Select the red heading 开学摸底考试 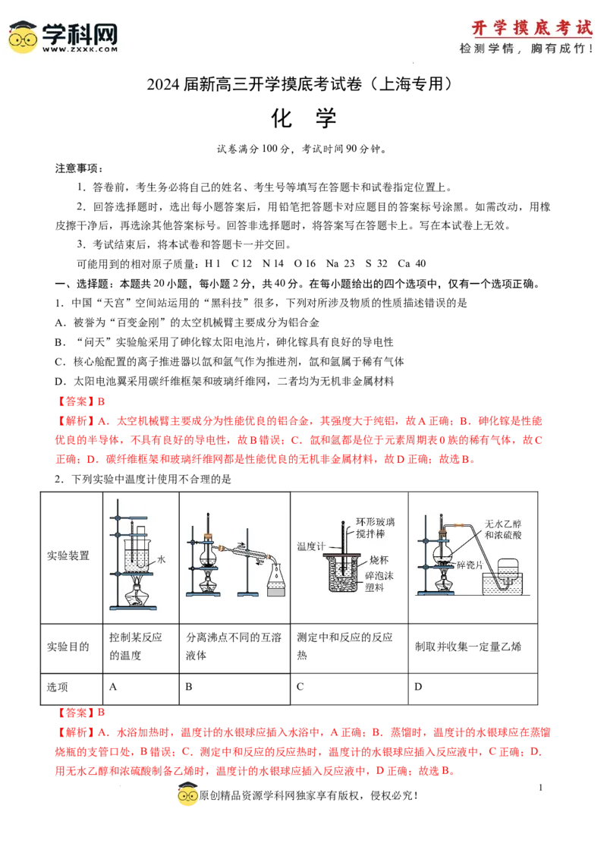point(531,28)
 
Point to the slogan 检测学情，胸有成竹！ point(526,49)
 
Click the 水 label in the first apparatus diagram point(160,560)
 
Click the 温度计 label point(311,546)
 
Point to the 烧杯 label point(376,559)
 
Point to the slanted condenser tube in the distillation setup point(247,552)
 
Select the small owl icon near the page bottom point(187,796)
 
